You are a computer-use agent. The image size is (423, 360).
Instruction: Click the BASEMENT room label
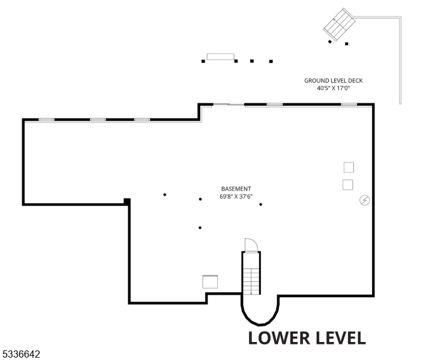coord(236,188)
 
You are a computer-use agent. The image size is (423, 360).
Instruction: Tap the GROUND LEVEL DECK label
coord(333,80)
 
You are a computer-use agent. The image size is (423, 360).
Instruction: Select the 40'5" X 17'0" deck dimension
coord(333,88)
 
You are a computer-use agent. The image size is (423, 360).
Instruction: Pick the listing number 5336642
coord(21,355)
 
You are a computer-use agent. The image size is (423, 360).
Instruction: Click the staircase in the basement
coord(251,274)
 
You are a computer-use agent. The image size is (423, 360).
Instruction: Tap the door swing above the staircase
coord(251,245)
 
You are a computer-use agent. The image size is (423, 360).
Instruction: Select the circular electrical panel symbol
coord(364,200)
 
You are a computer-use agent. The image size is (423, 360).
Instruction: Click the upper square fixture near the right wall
coord(349,167)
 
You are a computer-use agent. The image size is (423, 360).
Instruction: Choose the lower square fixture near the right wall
coord(347,185)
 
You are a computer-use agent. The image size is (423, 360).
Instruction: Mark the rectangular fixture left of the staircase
coord(210,281)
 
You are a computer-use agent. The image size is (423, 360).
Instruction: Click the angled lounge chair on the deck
coord(340,23)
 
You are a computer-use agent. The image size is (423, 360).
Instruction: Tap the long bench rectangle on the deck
coord(220,56)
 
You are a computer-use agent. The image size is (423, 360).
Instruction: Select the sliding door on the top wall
coord(229,105)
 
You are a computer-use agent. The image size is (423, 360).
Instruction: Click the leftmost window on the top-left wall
coord(46,119)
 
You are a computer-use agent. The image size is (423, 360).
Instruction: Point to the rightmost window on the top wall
coord(349,104)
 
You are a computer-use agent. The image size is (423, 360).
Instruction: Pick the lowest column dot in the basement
coord(200,227)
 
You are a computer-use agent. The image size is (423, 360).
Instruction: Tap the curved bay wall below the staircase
coord(260,315)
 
